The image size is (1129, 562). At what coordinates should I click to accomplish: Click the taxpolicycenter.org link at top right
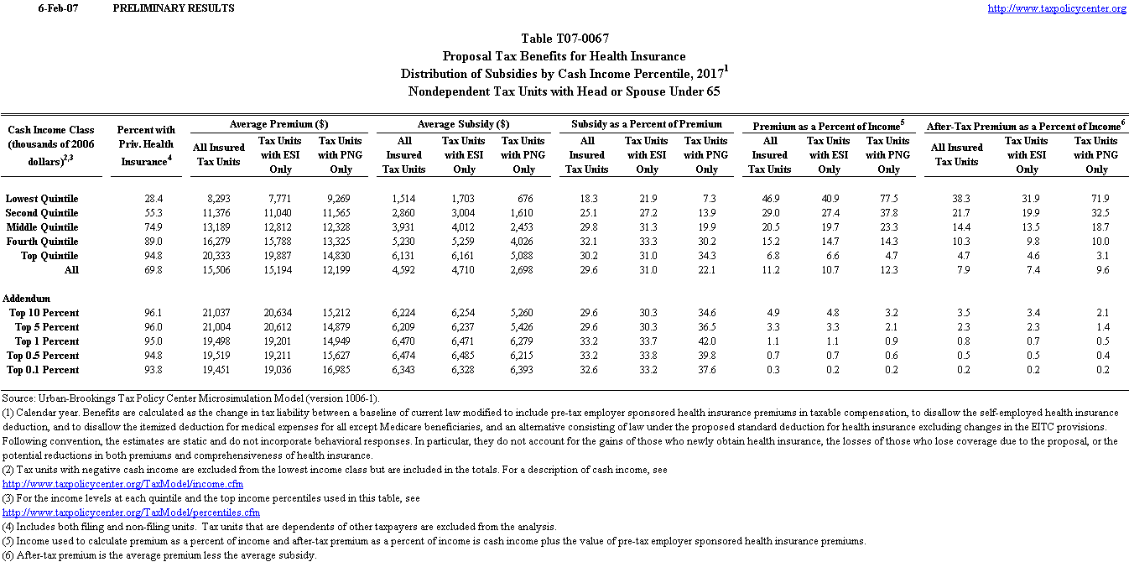1057,8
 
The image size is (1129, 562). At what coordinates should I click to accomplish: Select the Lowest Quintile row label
42,199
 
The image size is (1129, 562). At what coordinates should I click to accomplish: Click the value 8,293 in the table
218,199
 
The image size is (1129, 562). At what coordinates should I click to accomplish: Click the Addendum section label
27,299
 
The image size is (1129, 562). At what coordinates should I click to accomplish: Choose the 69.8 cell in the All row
152,270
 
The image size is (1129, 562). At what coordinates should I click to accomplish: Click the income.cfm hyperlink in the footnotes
123,484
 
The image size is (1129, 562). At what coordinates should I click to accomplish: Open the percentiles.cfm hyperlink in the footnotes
132,513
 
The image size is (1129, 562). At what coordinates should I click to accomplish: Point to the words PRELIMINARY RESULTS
173,8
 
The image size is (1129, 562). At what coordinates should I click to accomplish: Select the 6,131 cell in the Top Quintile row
403,256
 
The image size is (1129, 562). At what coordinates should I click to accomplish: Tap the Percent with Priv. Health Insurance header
146,145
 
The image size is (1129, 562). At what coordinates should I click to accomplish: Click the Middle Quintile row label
43,227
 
